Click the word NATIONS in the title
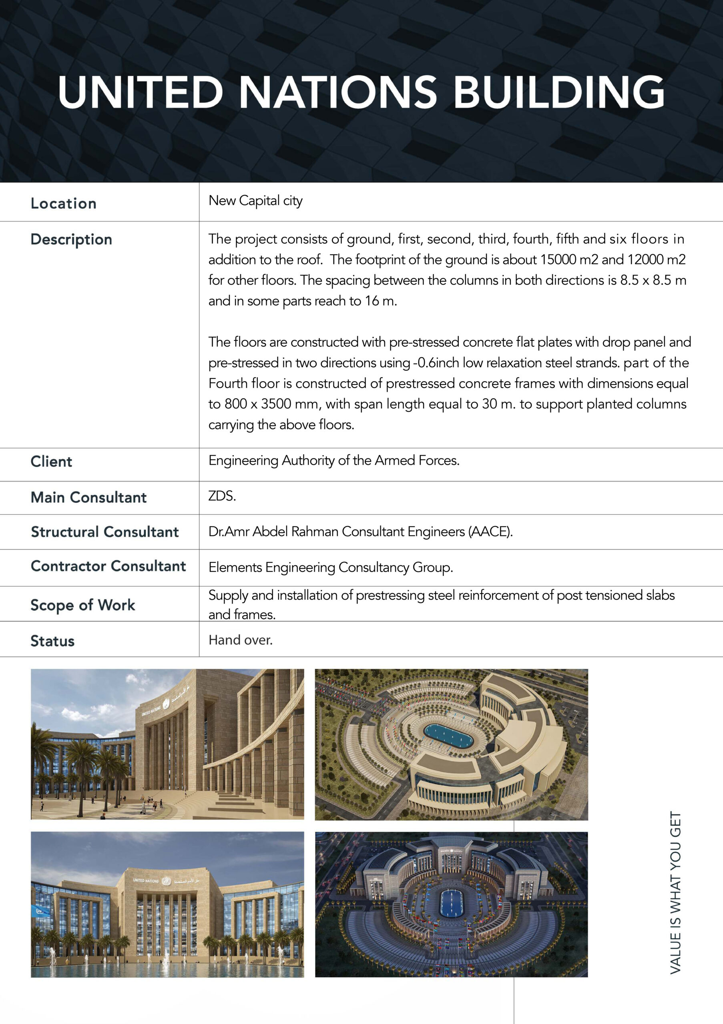[338, 92]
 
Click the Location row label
[63, 203]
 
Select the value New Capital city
[255, 201]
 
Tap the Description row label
[71, 240]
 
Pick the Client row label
[51, 462]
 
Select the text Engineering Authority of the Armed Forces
[334, 460]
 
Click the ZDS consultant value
[222, 496]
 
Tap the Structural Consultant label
[105, 532]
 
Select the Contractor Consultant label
[108, 566]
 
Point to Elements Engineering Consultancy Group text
[331, 567]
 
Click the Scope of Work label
[82, 605]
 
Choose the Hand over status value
[241, 640]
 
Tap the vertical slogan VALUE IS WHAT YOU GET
[676, 892]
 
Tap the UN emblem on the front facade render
[166, 880]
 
